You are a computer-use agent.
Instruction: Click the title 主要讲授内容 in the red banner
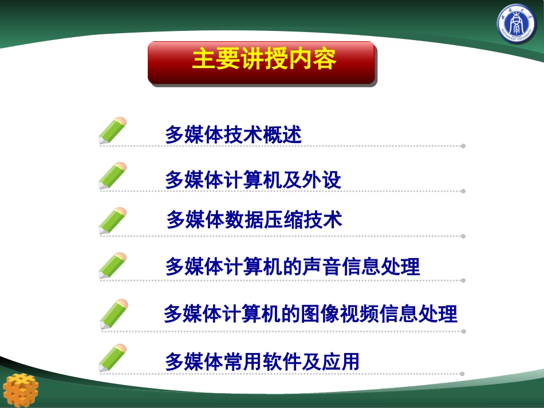263,60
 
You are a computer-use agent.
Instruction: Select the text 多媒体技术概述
233,135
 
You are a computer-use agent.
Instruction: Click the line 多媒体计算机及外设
253,180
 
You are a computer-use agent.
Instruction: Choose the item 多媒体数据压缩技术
254,220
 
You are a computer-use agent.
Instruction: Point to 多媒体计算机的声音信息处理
292,267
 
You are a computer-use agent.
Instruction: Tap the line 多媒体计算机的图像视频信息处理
310,314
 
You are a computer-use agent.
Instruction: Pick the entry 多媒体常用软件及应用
262,362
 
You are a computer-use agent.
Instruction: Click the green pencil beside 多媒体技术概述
112,131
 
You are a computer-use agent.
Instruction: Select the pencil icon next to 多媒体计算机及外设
112,176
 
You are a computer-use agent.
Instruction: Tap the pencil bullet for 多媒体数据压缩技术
112,221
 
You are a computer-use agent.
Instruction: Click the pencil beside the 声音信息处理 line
112,266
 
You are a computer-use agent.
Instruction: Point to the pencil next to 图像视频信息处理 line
113,314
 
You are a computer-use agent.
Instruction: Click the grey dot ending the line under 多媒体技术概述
463,146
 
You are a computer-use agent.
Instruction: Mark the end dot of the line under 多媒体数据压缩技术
463,236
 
